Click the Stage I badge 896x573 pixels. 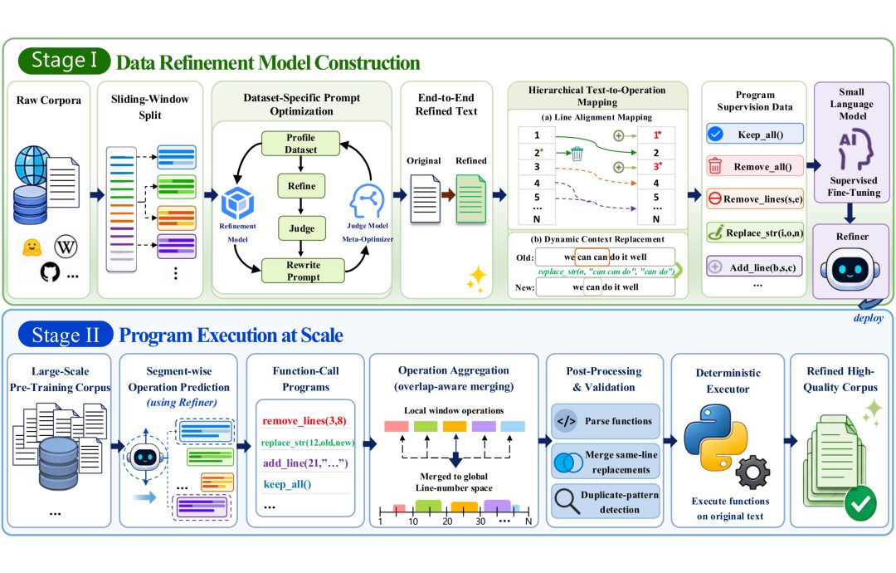point(64,61)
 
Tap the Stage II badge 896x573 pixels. point(66,335)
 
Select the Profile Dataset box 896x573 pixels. point(300,144)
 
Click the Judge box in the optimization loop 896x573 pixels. point(302,228)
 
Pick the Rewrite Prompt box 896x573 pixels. point(303,271)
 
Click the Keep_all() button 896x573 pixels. point(755,135)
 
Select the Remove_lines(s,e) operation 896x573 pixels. point(755,199)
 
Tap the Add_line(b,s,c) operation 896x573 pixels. point(755,267)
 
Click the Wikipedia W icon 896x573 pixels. point(66,247)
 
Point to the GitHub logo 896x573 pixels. point(50,272)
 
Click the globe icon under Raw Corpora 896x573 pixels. point(32,166)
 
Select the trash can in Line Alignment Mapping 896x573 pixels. point(577,154)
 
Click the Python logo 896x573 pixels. point(715,438)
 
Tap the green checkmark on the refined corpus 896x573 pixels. point(860,503)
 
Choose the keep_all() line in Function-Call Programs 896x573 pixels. point(287,484)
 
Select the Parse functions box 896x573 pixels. point(606,421)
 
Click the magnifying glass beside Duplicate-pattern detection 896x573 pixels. point(567,501)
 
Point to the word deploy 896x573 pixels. point(868,318)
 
